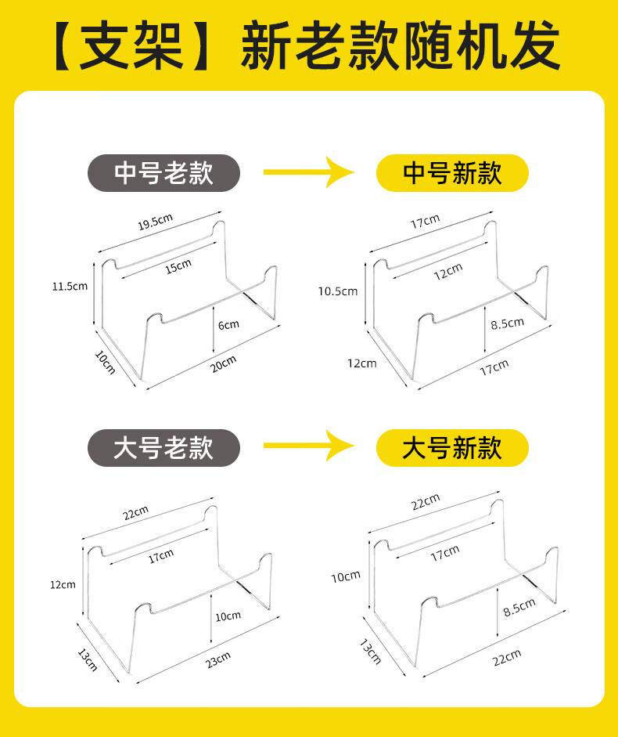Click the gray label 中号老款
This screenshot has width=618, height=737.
[x=163, y=173]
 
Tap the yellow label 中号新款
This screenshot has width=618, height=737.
[x=452, y=173]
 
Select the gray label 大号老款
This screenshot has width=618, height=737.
[x=163, y=448]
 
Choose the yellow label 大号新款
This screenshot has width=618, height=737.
[x=452, y=448]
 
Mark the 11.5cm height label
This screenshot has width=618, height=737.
[x=70, y=286]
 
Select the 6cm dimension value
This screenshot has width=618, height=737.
[x=229, y=324]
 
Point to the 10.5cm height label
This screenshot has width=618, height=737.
[x=337, y=291]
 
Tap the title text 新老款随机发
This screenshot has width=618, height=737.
[x=400, y=45]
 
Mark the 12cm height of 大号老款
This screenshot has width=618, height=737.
[x=63, y=584]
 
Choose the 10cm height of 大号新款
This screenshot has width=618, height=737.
[x=345, y=577]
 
